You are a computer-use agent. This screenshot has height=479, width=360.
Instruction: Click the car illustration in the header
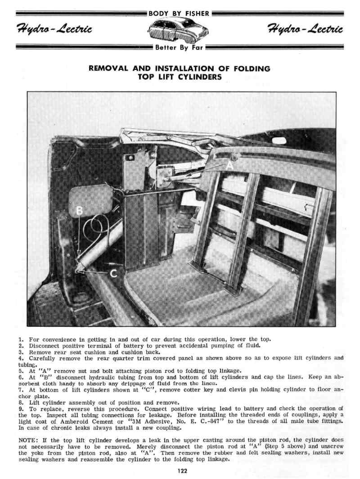tap(180, 31)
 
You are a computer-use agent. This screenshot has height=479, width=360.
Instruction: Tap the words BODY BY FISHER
tap(180, 14)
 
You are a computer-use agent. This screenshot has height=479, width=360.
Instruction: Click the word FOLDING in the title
tap(252, 69)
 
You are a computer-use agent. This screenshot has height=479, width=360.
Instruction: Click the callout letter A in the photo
tap(230, 165)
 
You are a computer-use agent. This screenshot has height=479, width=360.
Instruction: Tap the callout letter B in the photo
tap(79, 211)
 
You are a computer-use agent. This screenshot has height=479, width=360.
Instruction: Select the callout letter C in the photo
tap(114, 273)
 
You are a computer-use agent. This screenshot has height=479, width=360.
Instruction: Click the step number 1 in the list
tap(21, 339)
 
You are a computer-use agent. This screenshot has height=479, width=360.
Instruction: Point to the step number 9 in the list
tap(21, 408)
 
